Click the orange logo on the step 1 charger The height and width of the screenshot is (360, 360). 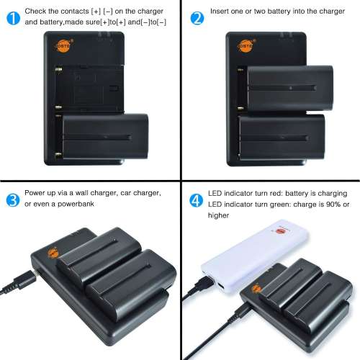point(47,48)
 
